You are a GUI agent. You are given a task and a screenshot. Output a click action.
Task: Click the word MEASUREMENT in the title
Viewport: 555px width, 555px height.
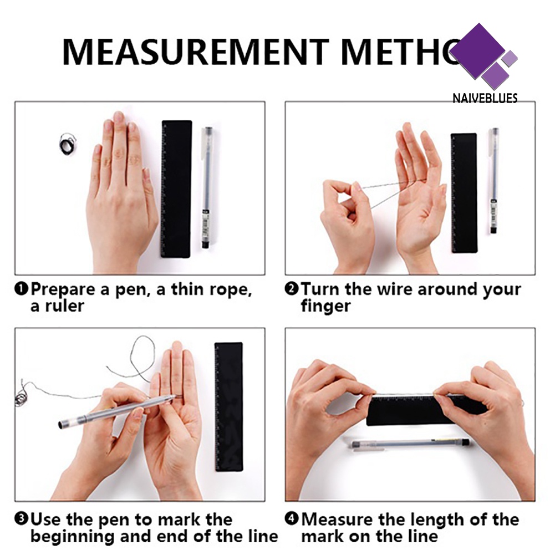tap(196, 52)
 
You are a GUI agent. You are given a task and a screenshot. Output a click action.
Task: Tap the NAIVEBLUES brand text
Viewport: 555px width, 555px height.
tap(485, 98)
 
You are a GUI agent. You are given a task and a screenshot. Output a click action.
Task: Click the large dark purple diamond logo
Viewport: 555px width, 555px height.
tap(478, 51)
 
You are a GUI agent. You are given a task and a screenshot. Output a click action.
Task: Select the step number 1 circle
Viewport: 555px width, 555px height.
tap(21, 288)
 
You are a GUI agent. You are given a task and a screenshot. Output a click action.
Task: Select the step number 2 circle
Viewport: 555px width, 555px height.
tap(291, 288)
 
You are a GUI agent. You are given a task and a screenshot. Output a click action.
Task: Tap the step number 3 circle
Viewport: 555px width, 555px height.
tap(21, 519)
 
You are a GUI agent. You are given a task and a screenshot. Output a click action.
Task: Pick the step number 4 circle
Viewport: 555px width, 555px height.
tap(291, 519)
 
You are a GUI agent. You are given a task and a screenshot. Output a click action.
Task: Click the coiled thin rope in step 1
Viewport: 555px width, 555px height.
tap(67, 144)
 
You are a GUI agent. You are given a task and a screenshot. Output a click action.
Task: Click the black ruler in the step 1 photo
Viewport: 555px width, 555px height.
tap(176, 189)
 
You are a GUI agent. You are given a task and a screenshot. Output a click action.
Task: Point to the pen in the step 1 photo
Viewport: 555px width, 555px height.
tap(206, 187)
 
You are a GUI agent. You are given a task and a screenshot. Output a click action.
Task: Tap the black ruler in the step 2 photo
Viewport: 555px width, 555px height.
tap(464, 193)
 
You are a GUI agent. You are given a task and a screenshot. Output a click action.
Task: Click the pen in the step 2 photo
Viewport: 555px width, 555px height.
tap(494, 181)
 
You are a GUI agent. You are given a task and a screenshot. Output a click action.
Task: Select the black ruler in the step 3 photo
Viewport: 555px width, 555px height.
tap(229, 407)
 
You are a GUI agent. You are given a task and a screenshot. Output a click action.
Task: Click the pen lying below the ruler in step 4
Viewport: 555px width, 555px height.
tap(411, 444)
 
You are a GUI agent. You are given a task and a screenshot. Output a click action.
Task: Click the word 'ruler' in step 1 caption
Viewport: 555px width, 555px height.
tap(65, 306)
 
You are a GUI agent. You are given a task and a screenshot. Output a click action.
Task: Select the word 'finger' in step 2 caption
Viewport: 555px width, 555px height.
tap(325, 306)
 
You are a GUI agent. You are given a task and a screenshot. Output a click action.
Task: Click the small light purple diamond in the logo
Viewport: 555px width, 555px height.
tap(510, 58)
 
